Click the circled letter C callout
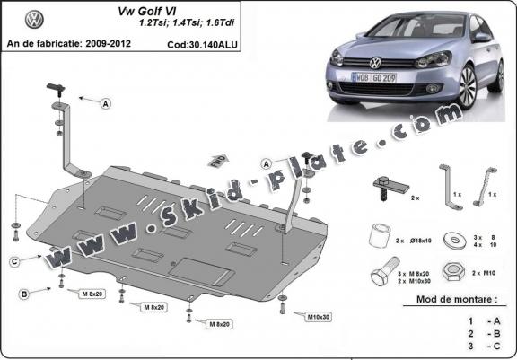15,261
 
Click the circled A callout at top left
106,104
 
